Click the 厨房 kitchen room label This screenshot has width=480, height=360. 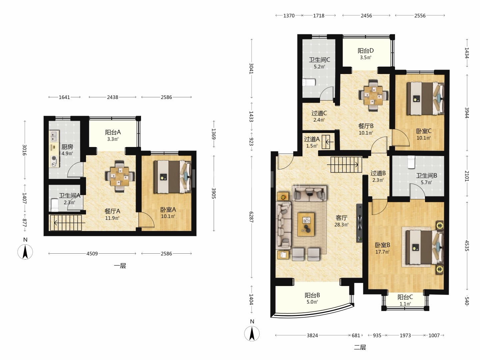(x=67, y=147)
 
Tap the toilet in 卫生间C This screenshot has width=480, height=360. (x=309, y=82)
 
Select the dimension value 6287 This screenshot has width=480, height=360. (x=251, y=217)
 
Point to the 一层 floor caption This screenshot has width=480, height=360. (x=120, y=266)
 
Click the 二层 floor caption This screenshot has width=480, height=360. (x=360, y=347)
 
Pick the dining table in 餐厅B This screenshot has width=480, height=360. (x=373, y=96)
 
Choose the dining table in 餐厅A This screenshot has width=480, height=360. (x=120, y=177)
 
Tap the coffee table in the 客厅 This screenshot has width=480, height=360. (x=306, y=224)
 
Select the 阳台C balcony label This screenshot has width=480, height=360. (x=405, y=297)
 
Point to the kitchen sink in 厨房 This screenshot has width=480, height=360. (x=54, y=136)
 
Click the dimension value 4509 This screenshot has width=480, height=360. (x=92, y=254)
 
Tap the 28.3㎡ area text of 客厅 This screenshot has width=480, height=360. (x=341, y=224)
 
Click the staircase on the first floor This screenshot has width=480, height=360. (x=66, y=223)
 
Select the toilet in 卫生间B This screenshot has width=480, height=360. (x=411, y=162)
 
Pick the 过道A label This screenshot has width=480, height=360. (x=312, y=139)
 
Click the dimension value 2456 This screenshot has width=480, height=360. (x=366, y=16)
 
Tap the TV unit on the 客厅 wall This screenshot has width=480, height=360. (x=359, y=223)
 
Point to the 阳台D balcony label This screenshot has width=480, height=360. (x=366, y=51)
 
